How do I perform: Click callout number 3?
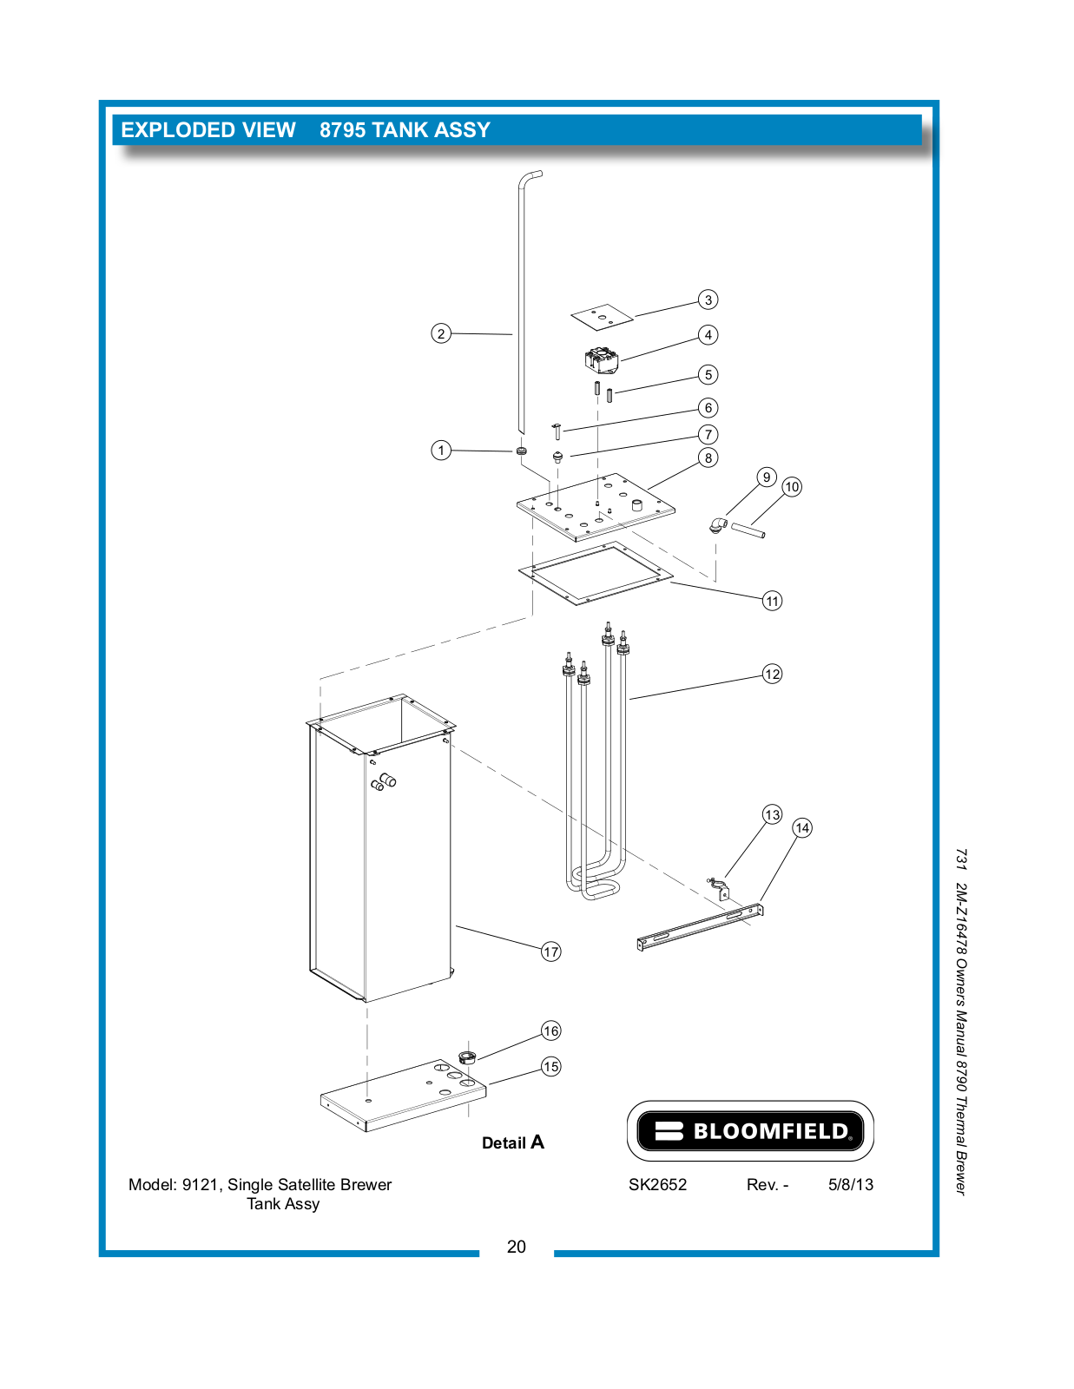pyautogui.click(x=708, y=300)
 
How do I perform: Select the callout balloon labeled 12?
pyautogui.click(x=772, y=674)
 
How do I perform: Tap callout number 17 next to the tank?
pyautogui.click(x=550, y=951)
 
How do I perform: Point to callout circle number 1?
pyautogui.click(x=441, y=450)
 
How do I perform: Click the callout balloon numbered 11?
pyautogui.click(x=772, y=601)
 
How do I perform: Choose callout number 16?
pyautogui.click(x=550, y=1030)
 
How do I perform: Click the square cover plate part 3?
pyautogui.click(x=602, y=317)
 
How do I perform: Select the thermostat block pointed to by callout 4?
pyautogui.click(x=602, y=359)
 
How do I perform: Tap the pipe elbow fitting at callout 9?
pyautogui.click(x=716, y=523)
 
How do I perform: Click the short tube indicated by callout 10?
pyautogui.click(x=748, y=530)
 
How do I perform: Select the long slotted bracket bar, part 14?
pyautogui.click(x=700, y=926)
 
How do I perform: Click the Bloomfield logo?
pyautogui.click(x=750, y=1130)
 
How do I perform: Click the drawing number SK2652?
pyautogui.click(x=657, y=1184)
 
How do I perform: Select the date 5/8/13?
pyautogui.click(x=850, y=1184)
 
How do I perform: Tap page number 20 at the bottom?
pyautogui.click(x=516, y=1247)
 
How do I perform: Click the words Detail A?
pyautogui.click(x=512, y=1142)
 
